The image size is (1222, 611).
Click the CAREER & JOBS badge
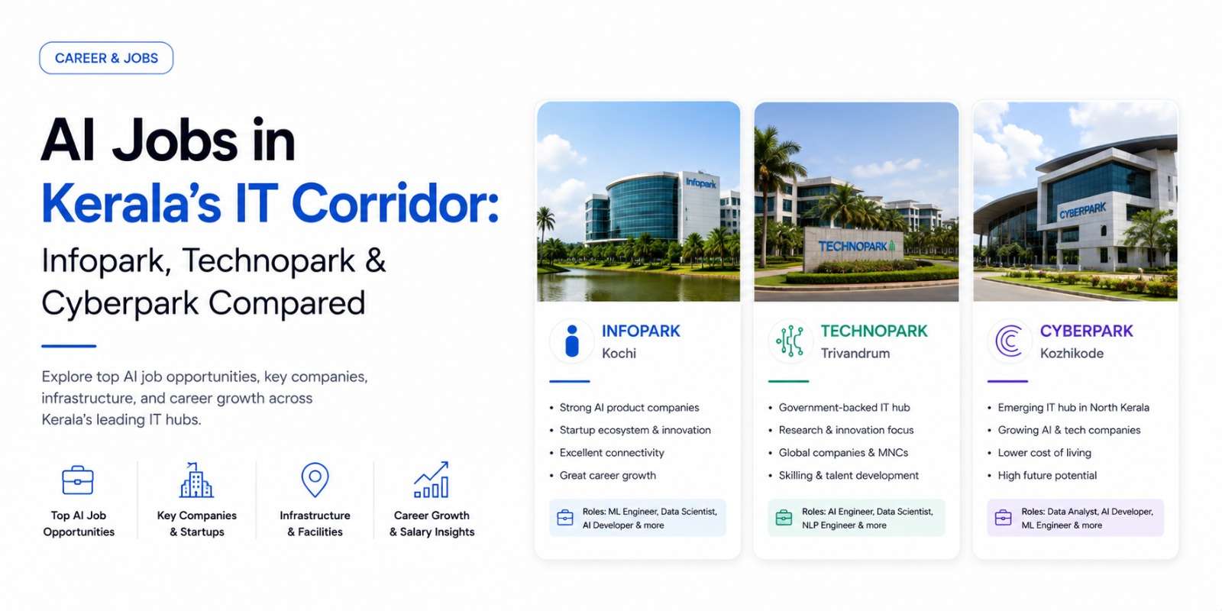tap(106, 58)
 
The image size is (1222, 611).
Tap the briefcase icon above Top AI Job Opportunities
tap(78, 480)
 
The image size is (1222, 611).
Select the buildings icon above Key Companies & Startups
tap(196, 480)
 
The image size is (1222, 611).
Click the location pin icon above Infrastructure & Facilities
tap(315, 480)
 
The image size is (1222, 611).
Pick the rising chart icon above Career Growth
tap(432, 480)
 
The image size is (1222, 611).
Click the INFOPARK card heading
tap(641, 331)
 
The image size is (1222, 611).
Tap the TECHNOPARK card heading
tap(874, 331)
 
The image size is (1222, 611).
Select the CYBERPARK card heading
tap(1087, 331)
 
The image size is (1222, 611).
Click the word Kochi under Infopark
tap(619, 354)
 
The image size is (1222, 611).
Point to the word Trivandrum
tap(855, 354)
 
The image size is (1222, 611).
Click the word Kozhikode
tap(1072, 354)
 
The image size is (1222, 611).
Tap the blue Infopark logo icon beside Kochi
tap(572, 341)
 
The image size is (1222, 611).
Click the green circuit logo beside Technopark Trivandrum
tap(790, 341)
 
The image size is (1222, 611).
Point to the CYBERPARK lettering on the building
tap(1082, 210)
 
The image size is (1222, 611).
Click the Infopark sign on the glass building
tap(701, 183)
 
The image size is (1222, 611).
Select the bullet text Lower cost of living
tap(1045, 453)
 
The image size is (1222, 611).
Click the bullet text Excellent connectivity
tap(612, 453)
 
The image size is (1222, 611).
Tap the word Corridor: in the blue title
tap(396, 203)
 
